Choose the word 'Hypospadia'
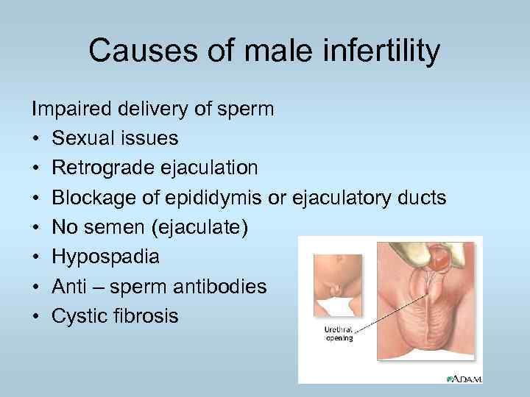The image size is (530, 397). pos(105,257)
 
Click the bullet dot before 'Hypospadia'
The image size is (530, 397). pos(35,257)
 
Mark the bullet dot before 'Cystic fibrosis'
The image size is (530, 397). pos(35,316)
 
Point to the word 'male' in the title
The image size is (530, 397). pos(244,51)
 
